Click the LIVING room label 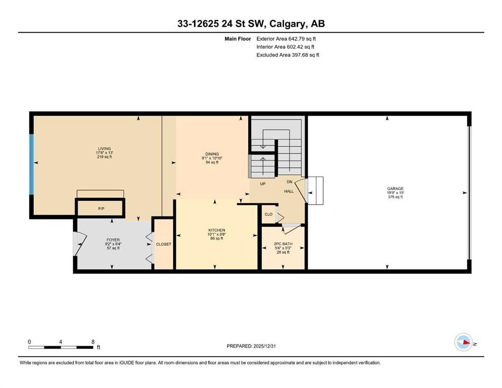coord(104,149)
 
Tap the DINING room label coord(212,154)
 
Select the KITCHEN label coord(217,230)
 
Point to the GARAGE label coord(395,189)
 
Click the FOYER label coord(113,239)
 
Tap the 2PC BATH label coord(283,244)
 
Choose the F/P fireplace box coord(100,208)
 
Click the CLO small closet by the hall coord(268,214)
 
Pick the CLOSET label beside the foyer coord(164,244)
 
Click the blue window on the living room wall coord(31,164)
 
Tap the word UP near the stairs coord(263,184)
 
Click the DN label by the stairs coord(289,182)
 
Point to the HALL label coord(289,191)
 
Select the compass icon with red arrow coord(464,342)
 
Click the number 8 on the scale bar coord(93,342)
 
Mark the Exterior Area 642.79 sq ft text coord(286,39)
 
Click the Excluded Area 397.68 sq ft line coord(288,55)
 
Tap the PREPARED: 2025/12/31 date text coord(251,346)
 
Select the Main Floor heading coord(238,39)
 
